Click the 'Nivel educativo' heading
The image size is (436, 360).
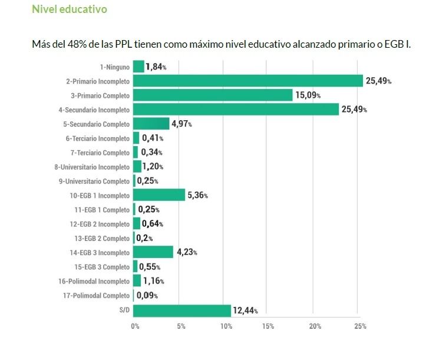[x=70, y=10]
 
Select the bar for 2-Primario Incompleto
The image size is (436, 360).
[x=247, y=81]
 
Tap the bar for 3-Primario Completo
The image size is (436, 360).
[x=213, y=95]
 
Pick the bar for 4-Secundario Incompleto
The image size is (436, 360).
[x=236, y=110]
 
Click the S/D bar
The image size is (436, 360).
[x=182, y=311]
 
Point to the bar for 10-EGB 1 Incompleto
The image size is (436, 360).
[x=159, y=196]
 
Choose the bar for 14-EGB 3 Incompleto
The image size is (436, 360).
[x=153, y=253]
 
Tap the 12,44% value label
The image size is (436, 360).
[x=245, y=311]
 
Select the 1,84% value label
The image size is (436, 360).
[x=156, y=67]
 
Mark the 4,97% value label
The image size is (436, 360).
[x=181, y=124]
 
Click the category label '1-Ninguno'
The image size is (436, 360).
[x=114, y=67]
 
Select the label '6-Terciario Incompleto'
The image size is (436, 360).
[x=97, y=138]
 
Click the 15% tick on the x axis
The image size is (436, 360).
[x=269, y=326]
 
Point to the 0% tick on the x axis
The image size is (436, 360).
[x=135, y=326]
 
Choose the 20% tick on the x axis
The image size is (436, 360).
[x=315, y=326]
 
